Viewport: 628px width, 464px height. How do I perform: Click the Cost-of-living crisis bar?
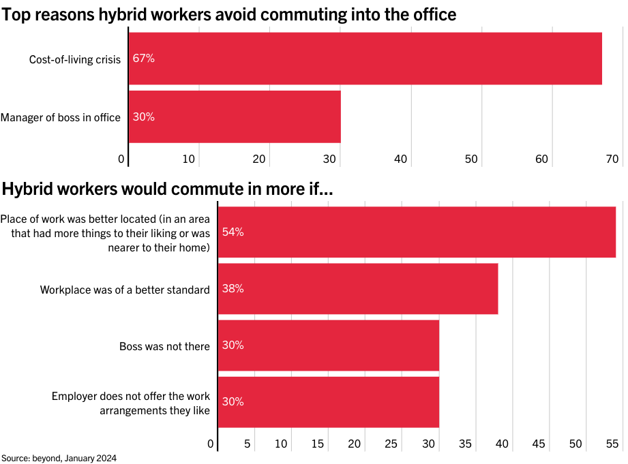coord(365,59)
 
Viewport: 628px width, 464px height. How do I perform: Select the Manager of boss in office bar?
coord(235,117)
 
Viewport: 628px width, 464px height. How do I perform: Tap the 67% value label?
coord(144,59)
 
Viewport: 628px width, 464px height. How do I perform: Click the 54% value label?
coord(233,232)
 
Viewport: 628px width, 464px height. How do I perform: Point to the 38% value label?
coord(233,288)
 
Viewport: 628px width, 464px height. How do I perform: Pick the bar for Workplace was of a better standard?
coord(357,288)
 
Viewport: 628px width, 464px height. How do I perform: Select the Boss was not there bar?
coord(328,345)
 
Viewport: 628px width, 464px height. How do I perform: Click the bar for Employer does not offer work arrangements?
coord(328,402)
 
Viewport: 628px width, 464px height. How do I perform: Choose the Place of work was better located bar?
coord(416,232)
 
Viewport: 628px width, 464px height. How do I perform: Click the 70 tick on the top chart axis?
coord(612,159)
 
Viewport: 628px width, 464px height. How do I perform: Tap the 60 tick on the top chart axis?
coord(542,159)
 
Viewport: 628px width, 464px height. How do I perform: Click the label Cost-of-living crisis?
coord(75,59)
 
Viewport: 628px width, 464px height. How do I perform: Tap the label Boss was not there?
coord(164,346)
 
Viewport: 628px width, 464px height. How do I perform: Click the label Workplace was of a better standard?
coord(125,290)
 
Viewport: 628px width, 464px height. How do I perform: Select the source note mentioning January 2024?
coord(54,458)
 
